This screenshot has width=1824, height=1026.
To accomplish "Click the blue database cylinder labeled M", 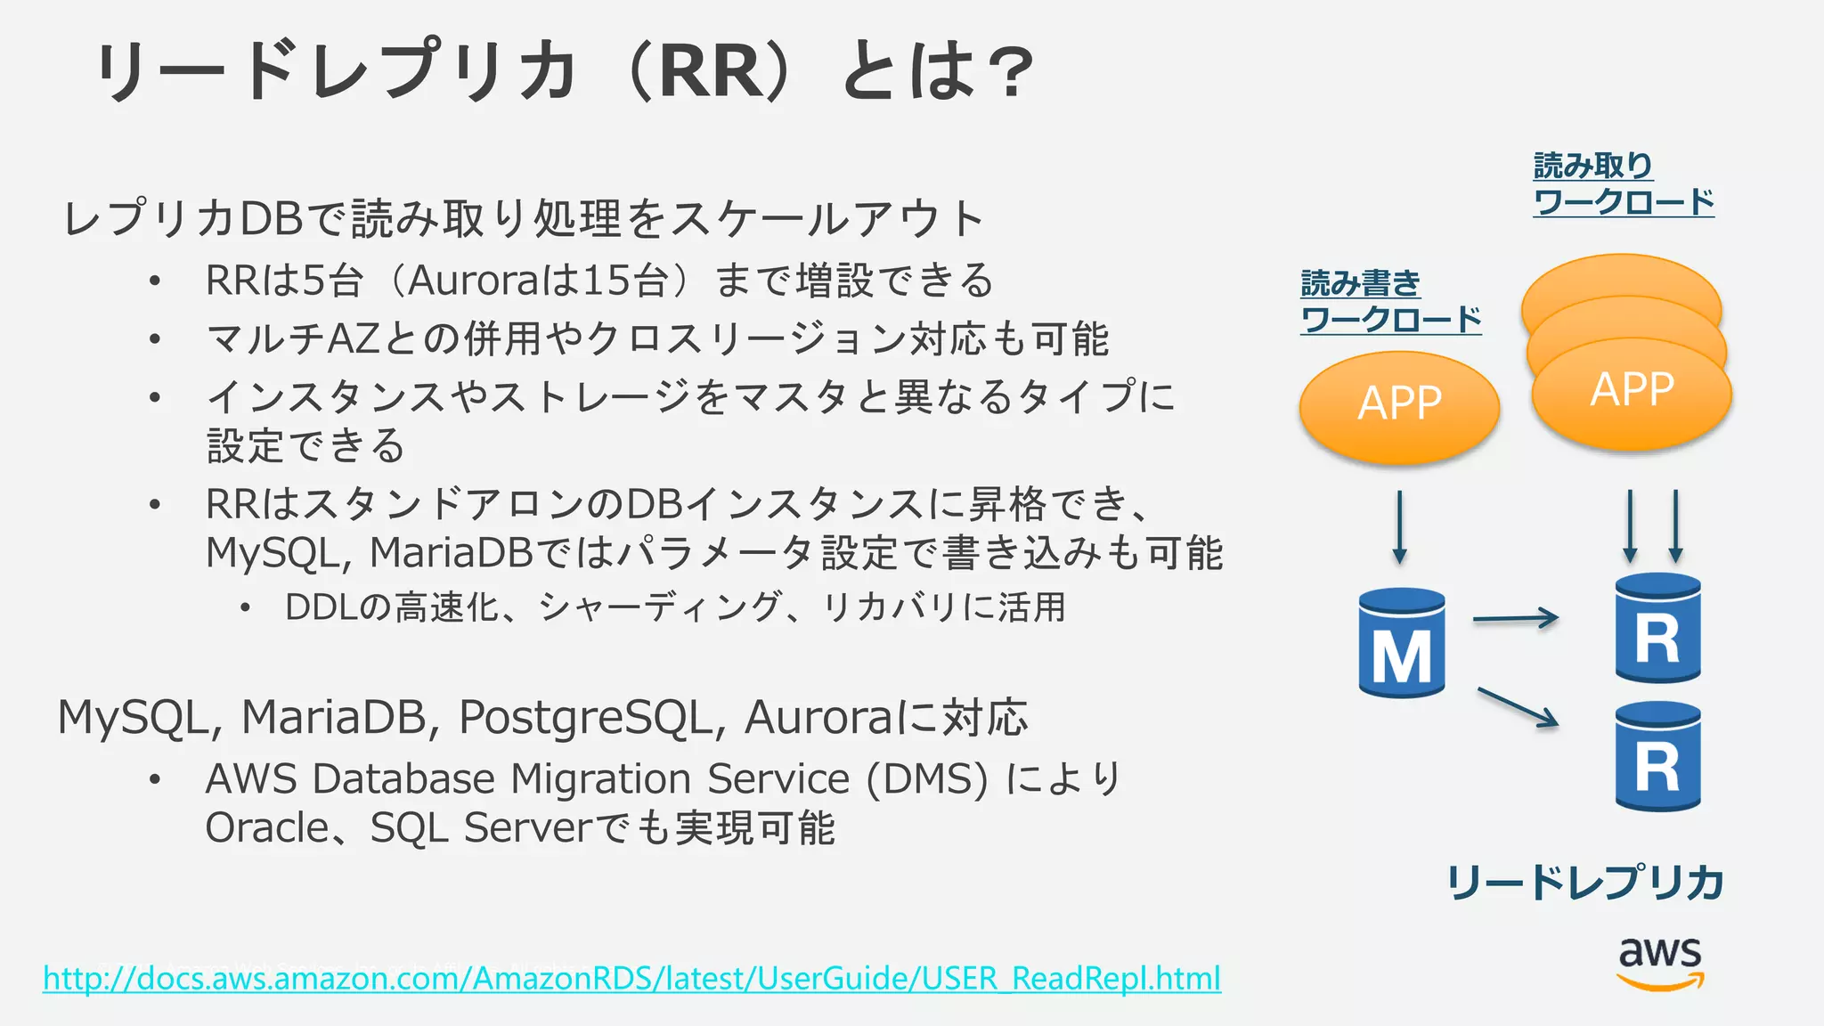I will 1401,643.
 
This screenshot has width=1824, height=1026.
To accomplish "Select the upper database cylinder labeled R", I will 1657,629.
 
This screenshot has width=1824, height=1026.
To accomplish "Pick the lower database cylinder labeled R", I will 1657,757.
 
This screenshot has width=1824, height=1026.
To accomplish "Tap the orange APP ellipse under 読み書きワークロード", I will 1399,406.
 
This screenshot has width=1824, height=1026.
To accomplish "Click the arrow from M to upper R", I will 1515,617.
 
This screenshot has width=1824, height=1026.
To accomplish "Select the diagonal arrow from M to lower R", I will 1518,707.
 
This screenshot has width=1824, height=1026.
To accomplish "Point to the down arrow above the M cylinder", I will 1399,526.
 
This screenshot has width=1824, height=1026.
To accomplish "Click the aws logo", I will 1659,962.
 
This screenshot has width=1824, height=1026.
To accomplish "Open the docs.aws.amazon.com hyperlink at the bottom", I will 631,978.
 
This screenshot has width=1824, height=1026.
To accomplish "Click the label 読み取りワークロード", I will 1622,184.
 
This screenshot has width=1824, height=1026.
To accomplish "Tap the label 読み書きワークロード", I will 1389,302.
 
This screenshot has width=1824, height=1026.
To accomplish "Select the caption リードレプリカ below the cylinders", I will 1584,882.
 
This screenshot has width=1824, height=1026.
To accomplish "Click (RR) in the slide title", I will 712,71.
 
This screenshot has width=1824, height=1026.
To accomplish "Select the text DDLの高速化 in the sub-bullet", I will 392,607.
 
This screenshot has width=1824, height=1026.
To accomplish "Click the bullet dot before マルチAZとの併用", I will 155,339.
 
